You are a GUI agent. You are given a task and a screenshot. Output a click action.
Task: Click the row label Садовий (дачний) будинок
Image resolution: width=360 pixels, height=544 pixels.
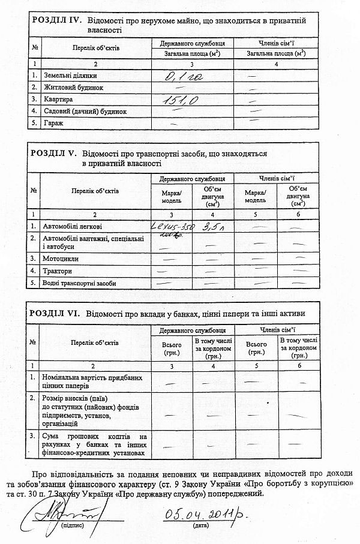pos(85,112)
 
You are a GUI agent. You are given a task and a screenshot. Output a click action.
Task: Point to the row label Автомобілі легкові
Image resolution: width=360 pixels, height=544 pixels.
pos(72,227)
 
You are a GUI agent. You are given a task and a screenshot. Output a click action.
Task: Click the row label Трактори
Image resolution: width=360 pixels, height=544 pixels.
pos(58,271)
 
